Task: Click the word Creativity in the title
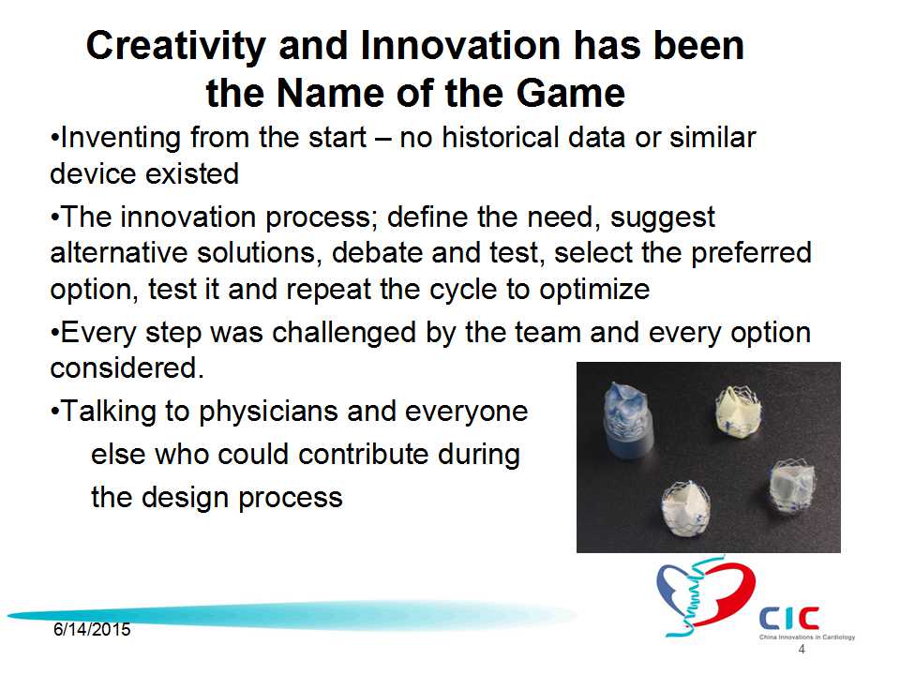pos(176,47)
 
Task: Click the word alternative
pos(119,252)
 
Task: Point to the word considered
pos(127,367)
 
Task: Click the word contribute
pos(364,454)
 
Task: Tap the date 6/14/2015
pos(92,630)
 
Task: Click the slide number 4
pos(802,649)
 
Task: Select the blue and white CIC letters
pos(789,618)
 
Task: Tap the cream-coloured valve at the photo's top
pos(737,411)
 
